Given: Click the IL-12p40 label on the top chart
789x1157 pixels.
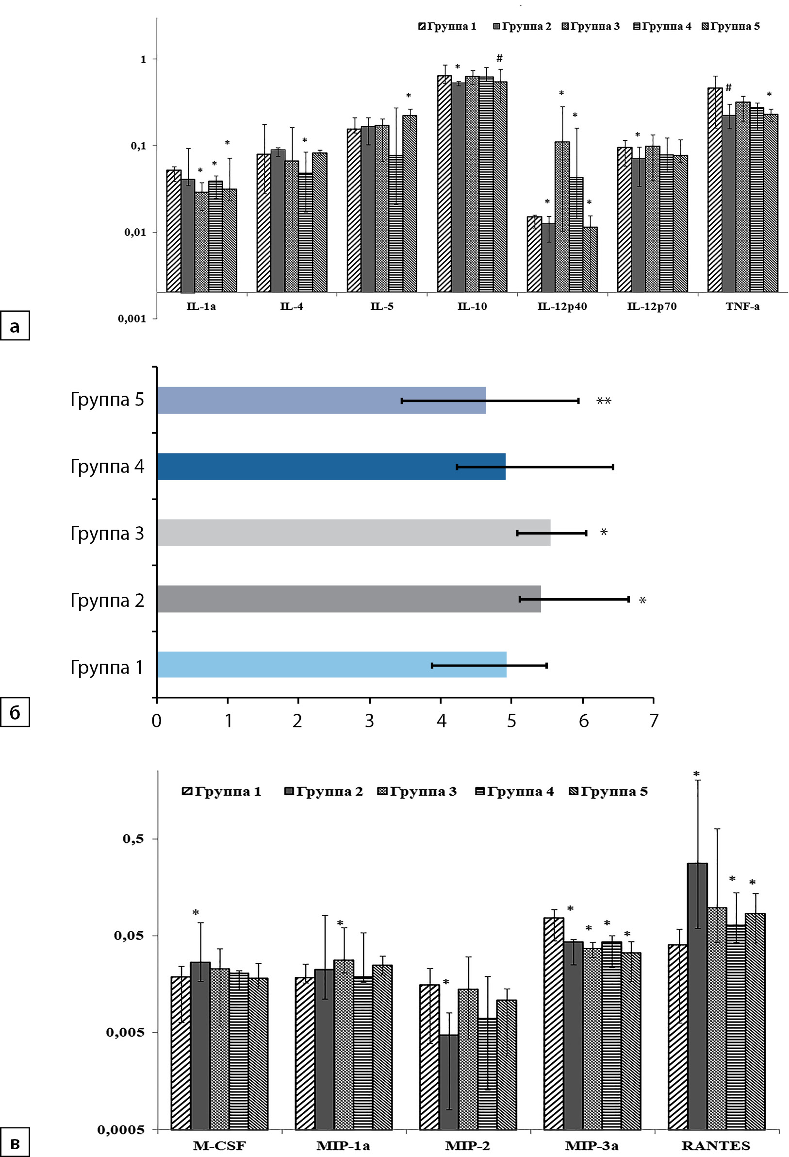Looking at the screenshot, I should [x=562, y=307].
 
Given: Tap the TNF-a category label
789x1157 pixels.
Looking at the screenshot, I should [x=742, y=307].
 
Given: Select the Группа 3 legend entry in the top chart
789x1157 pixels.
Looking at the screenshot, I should [x=591, y=26].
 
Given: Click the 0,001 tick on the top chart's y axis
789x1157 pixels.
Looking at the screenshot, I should [x=132, y=319].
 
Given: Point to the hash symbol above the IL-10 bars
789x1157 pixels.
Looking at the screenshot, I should [x=499, y=59].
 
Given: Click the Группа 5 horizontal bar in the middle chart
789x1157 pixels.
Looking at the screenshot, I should [x=321, y=400].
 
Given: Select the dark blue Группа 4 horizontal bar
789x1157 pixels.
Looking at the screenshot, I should [x=331, y=467].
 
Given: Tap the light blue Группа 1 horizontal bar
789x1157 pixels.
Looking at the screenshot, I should [x=331, y=665].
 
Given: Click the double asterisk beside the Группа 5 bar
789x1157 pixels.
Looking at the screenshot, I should [x=604, y=401].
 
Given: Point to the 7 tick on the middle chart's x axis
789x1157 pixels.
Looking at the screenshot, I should [x=654, y=721].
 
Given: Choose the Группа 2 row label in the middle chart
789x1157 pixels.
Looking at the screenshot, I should [x=107, y=601].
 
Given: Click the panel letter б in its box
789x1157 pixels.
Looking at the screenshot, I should [x=15, y=713].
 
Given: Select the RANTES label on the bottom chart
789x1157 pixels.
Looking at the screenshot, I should [x=716, y=1145].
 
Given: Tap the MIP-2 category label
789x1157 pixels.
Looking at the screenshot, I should [x=467, y=1145].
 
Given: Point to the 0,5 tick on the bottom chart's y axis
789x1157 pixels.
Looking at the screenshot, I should [x=133, y=839].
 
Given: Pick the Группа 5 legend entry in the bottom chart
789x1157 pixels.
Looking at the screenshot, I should [x=608, y=791].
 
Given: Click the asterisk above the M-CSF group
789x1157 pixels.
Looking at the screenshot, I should [x=196, y=913].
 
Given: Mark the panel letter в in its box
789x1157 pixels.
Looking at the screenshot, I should [x=15, y=1144].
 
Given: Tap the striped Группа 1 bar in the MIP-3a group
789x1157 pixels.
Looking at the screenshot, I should [x=553, y=1023].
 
